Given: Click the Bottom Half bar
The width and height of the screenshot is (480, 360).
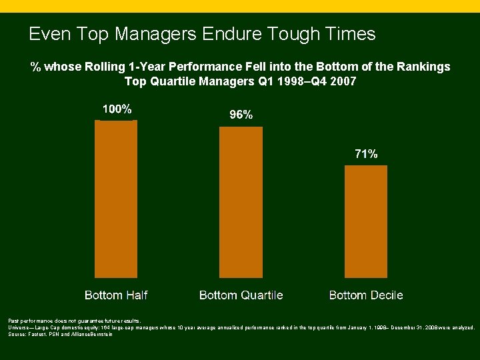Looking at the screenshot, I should pyautogui.click(x=116, y=199).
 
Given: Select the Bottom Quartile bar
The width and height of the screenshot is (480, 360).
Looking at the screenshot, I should pyautogui.click(x=241, y=202).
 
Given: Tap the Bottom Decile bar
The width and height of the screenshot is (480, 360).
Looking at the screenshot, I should pyautogui.click(x=365, y=221).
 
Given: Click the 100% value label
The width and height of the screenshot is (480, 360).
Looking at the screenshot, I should pyautogui.click(x=117, y=109).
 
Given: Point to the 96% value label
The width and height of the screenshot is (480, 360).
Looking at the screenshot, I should pyautogui.click(x=241, y=115).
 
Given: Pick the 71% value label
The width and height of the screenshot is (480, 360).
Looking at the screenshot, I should pyautogui.click(x=365, y=154).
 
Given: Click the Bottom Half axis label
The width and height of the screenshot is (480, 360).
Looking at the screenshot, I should pyautogui.click(x=116, y=295).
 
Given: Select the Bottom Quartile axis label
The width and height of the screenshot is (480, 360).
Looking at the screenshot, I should pyautogui.click(x=241, y=295).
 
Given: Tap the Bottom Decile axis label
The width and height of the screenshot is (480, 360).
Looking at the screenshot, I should pyautogui.click(x=366, y=295).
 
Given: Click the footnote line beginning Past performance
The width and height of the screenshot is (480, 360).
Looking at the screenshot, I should pyautogui.click(x=75, y=321).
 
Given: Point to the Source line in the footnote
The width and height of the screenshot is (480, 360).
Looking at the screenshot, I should pyautogui.click(x=61, y=334).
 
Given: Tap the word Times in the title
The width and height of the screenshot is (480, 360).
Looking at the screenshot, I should pyautogui.click(x=349, y=33).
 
